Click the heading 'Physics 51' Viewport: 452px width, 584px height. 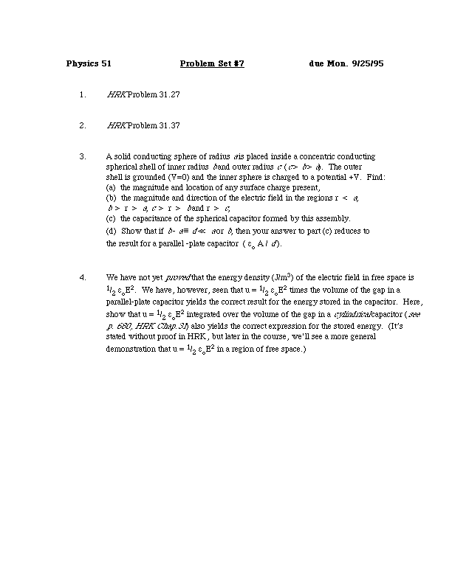coord(89,63)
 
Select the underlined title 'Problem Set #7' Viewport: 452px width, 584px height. coord(212,63)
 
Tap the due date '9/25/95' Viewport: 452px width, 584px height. coord(367,63)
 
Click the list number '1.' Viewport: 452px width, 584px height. coord(83,95)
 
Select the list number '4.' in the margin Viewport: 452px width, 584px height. coord(83,277)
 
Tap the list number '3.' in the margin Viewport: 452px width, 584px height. coord(83,157)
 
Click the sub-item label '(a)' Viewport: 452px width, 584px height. coord(112,188)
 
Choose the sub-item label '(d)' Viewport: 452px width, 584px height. coord(112,232)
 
